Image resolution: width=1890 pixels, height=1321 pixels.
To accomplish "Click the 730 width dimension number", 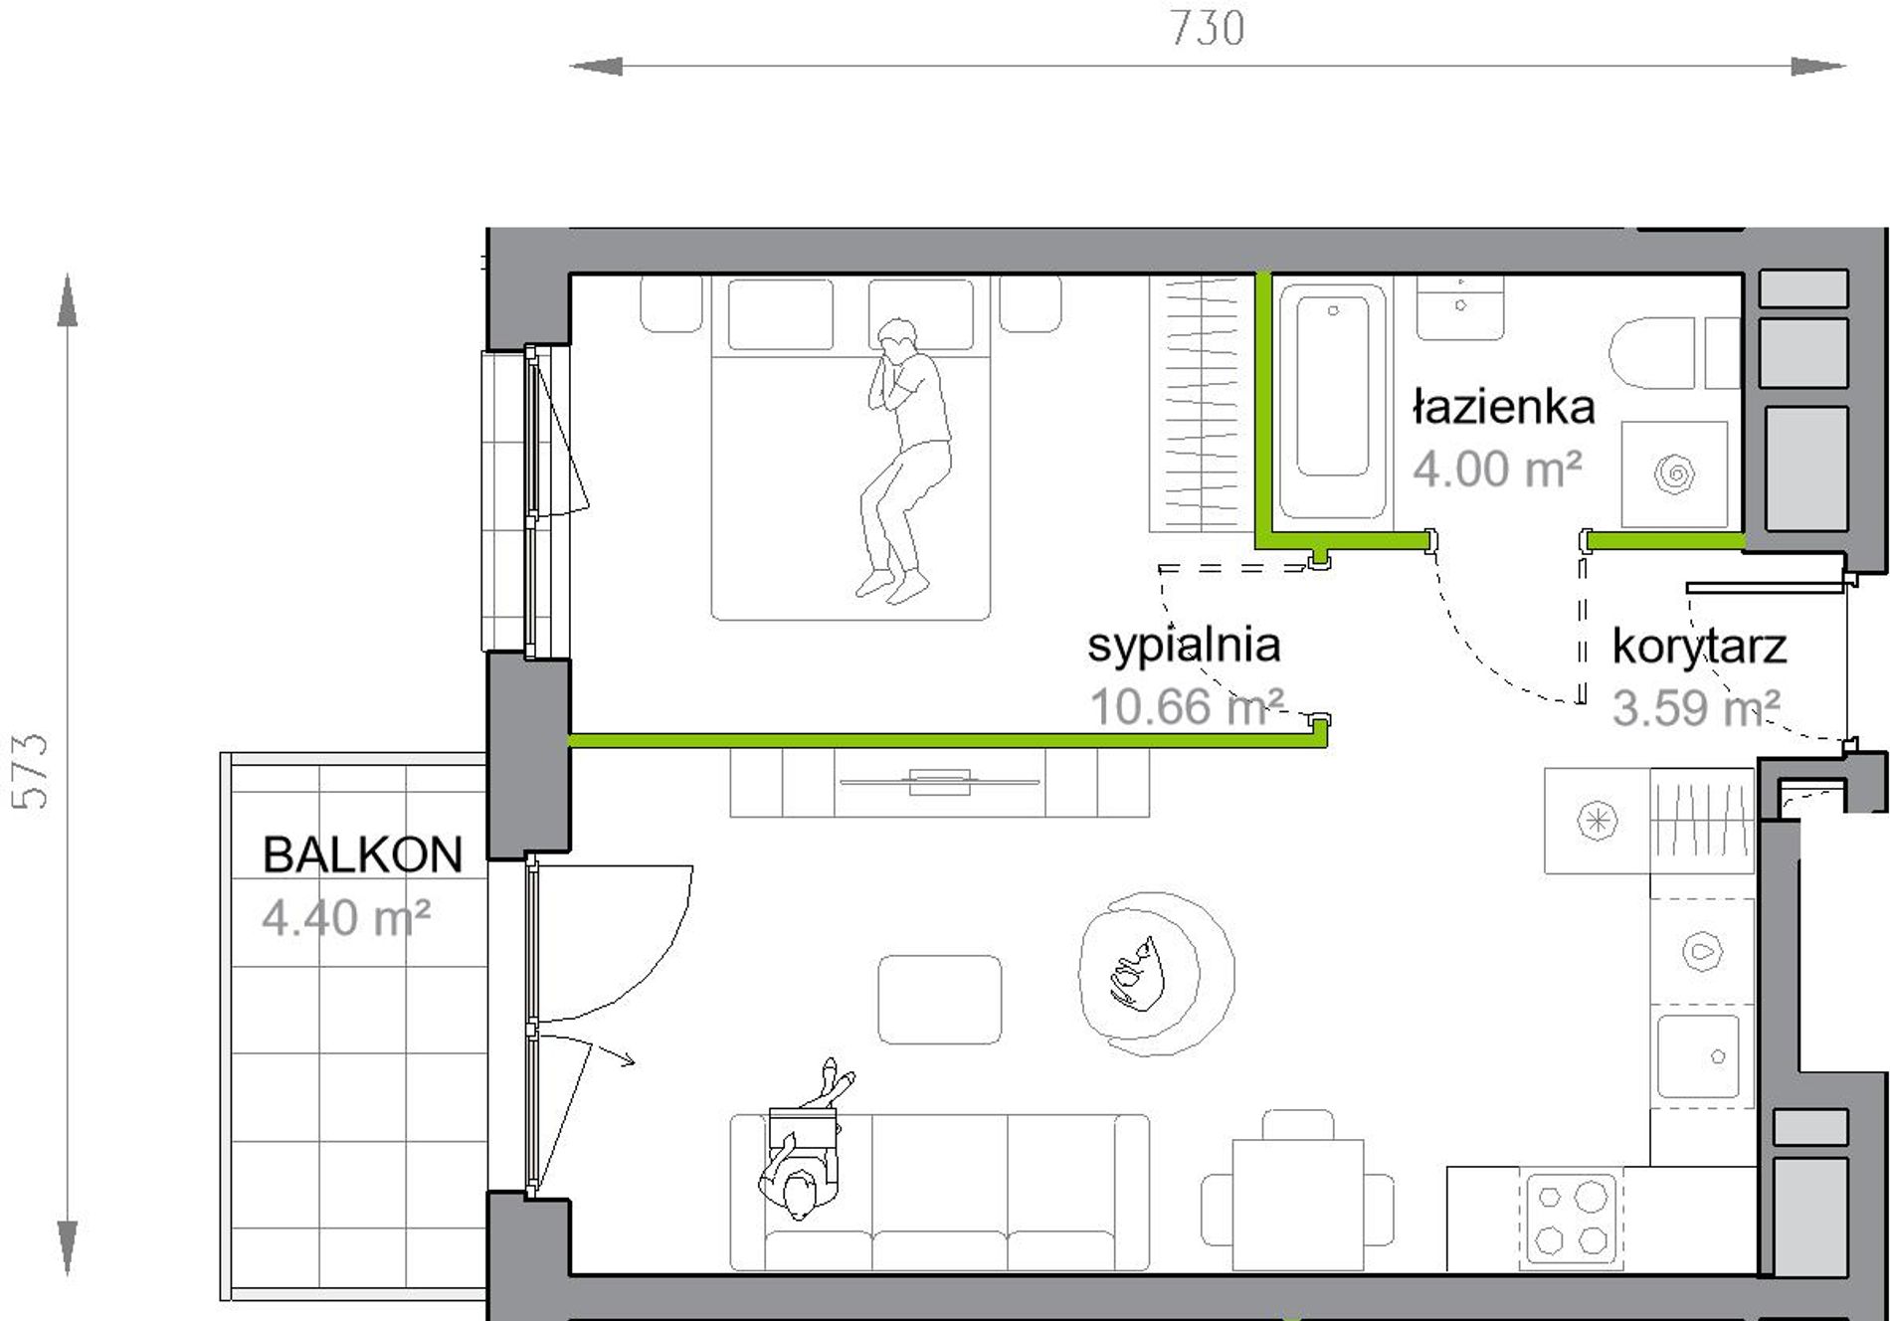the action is (1207, 29).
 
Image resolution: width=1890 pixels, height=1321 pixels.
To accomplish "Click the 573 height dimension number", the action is (31, 771).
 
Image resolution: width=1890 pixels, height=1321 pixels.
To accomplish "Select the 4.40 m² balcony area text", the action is (345, 918).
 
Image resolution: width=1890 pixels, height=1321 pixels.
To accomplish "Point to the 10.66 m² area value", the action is (1187, 707).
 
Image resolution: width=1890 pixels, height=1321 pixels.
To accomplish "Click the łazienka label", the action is (1504, 407).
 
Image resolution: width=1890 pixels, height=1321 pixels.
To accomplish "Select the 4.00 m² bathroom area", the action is (1497, 469).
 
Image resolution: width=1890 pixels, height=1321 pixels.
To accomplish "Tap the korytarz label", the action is (1699, 648).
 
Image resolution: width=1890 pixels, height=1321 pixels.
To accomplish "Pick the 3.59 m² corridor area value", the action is (1696, 708).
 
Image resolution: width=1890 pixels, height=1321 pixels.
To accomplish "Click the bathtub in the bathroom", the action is (1332, 401).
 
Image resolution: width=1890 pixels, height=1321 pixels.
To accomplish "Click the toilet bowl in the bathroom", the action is (1651, 353).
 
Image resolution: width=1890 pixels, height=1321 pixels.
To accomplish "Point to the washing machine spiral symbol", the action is (1674, 473).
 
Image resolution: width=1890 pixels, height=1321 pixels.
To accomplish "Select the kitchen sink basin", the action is (1698, 1055).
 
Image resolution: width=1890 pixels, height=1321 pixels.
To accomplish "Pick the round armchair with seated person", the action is (1156, 973).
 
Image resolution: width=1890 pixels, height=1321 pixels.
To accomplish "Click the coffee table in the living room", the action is (939, 1000).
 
